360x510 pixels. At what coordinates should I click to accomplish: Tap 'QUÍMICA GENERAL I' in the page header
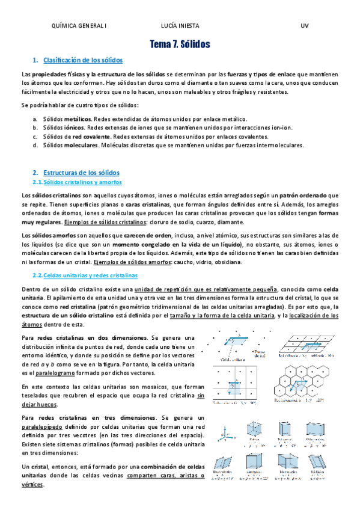click(x=80, y=26)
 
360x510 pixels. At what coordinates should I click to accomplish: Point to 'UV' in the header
click(x=304, y=26)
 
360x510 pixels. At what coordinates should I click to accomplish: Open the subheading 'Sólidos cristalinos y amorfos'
click(x=83, y=182)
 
